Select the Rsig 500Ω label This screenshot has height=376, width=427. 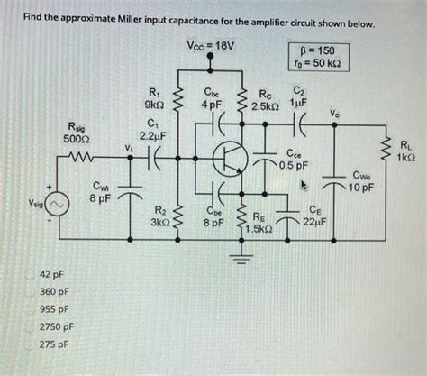77,131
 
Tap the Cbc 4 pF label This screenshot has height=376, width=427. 211,96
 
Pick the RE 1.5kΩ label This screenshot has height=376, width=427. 259,223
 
